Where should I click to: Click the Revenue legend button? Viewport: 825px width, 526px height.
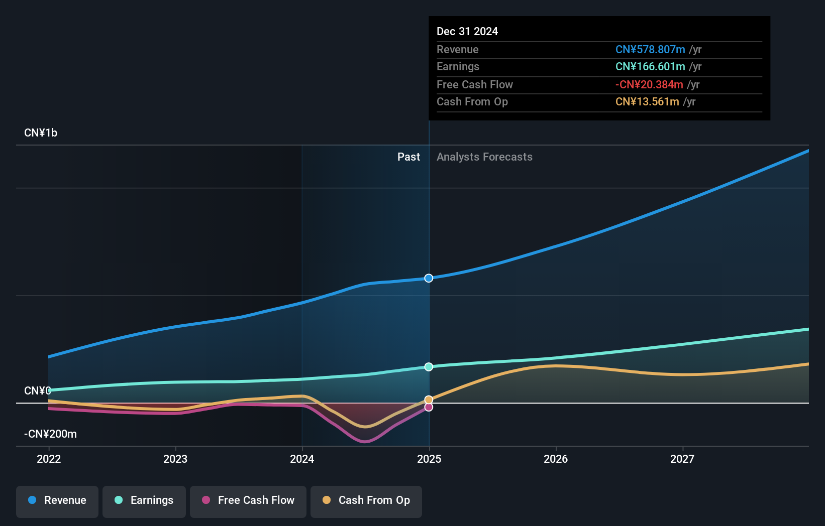[57, 500]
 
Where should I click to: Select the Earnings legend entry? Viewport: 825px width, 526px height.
[144, 500]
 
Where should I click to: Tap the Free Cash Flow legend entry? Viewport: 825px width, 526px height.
[248, 500]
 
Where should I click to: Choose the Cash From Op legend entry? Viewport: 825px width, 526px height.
[366, 500]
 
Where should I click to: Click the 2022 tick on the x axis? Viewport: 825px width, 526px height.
[49, 459]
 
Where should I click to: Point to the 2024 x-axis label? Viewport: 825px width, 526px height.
[302, 459]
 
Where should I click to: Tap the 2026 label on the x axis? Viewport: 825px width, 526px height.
[556, 459]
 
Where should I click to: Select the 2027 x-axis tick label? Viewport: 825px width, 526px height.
[682, 459]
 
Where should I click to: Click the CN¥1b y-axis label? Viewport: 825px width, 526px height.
[41, 133]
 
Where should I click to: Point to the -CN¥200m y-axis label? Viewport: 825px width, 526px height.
[50, 434]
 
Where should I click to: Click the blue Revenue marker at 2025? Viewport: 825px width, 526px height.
[429, 278]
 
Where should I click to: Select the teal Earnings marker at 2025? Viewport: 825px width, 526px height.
[429, 367]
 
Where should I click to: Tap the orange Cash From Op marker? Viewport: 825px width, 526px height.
[429, 400]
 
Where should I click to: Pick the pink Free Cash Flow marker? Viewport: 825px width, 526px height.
[429, 407]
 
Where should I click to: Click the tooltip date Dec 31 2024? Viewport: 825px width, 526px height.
[467, 32]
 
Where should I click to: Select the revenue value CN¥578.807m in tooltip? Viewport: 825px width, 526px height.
[650, 50]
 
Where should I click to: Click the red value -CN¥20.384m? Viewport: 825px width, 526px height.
[649, 85]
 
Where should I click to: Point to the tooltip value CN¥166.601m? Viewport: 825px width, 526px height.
[650, 67]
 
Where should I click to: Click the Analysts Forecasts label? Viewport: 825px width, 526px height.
[484, 157]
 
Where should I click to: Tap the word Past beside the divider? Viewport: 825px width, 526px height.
[408, 157]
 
